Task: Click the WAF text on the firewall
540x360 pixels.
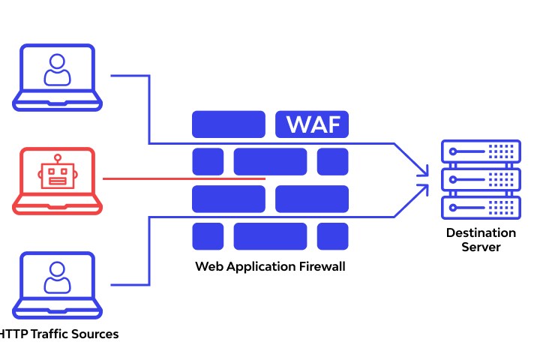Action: [x=311, y=124]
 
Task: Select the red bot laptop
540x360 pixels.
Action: [x=57, y=181]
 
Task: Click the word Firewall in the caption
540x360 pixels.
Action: [x=320, y=266]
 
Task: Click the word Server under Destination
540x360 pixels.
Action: [x=481, y=247]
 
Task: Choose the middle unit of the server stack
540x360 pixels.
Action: [x=481, y=179]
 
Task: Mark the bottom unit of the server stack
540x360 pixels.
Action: [x=481, y=206]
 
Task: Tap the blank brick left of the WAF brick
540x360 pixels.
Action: [x=229, y=124]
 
